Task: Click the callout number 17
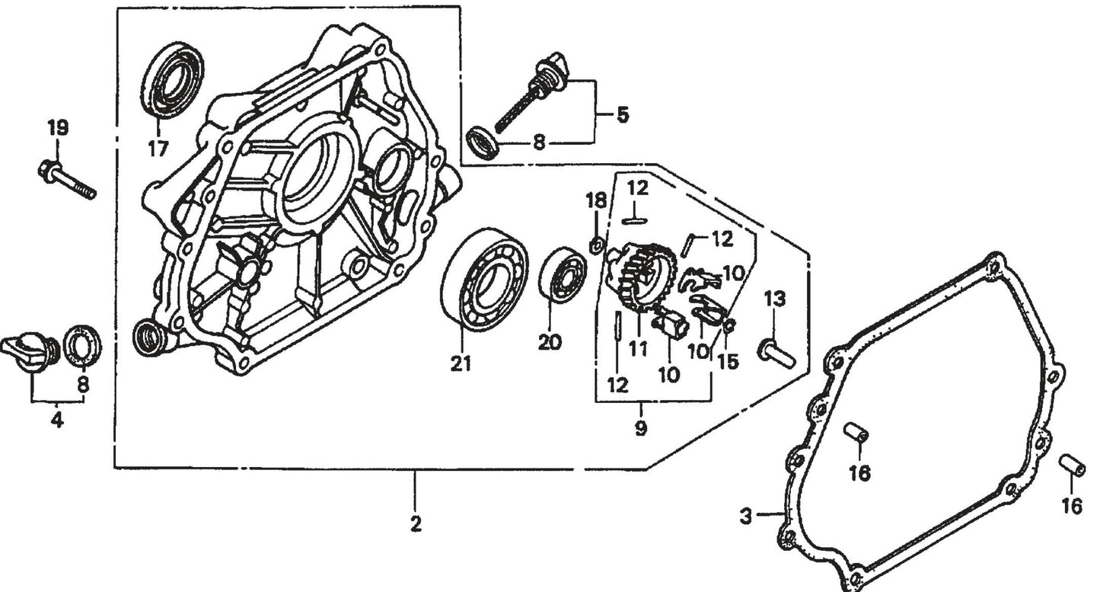(x=158, y=149)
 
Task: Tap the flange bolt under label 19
(x=66, y=180)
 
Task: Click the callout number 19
(x=58, y=128)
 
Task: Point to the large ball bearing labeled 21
(x=484, y=280)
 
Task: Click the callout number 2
(x=416, y=524)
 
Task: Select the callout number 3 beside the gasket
(x=746, y=516)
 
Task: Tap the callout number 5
(x=622, y=116)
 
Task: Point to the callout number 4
(x=57, y=420)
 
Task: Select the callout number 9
(x=640, y=428)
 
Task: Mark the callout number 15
(x=728, y=361)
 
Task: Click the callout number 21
(x=460, y=364)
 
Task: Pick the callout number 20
(x=550, y=343)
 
